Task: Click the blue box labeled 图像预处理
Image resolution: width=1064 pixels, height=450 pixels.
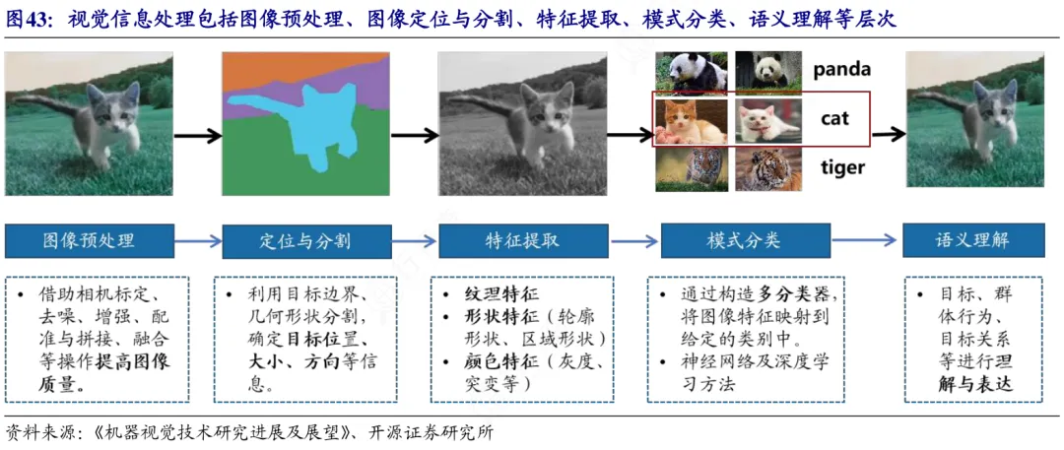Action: pos(89,241)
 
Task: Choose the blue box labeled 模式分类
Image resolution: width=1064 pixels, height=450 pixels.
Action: pos(744,241)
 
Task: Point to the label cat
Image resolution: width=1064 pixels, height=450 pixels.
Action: pos(834,119)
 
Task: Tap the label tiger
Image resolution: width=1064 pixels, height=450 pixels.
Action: pos(842,167)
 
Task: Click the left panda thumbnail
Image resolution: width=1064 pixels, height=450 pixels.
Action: pos(692,71)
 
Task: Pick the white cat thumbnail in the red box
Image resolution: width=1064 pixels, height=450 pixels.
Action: pos(768,120)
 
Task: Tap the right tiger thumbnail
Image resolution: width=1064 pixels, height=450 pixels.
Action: pos(768,168)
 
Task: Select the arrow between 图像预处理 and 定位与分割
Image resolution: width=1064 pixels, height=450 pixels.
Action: pos(198,241)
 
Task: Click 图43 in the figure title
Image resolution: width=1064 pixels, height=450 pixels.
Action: pos(32,20)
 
